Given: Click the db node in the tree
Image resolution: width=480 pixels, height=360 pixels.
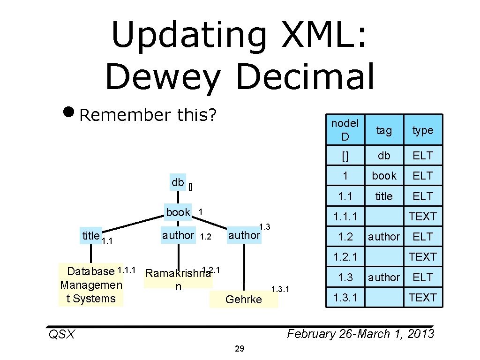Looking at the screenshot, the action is (x=178, y=182).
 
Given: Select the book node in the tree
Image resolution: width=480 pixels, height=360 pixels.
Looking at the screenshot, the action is (x=178, y=212).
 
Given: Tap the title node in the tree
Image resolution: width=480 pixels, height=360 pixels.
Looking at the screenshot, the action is (x=90, y=236).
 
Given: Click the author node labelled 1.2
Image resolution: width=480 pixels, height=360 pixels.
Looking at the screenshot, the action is (x=178, y=235).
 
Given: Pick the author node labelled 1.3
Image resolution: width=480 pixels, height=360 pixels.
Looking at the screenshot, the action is (x=244, y=235).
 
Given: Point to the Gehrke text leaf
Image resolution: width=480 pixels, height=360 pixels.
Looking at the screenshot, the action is (x=244, y=300).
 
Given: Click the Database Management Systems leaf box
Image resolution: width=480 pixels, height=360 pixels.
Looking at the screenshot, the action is (x=91, y=285).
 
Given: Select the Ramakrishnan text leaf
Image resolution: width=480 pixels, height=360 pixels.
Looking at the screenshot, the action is (x=178, y=279).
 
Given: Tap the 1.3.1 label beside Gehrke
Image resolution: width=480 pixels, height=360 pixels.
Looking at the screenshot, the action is (x=281, y=289).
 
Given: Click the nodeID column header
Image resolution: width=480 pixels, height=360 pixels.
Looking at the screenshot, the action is (x=345, y=130).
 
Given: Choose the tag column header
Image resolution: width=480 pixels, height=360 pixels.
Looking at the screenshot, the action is (x=384, y=130).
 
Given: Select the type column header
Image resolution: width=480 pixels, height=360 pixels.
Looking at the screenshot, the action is (x=423, y=130).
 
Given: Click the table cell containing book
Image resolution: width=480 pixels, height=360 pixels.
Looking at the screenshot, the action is (x=384, y=176).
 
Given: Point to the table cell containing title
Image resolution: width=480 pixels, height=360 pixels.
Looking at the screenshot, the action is (x=384, y=196).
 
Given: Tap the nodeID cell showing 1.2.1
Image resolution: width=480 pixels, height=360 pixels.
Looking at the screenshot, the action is (x=345, y=257).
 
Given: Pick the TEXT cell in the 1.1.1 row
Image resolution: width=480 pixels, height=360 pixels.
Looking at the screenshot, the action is (x=423, y=217).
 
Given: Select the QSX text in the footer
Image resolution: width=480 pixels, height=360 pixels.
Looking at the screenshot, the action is (x=61, y=334).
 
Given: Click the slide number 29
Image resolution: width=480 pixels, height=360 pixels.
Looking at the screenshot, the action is (x=240, y=349).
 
